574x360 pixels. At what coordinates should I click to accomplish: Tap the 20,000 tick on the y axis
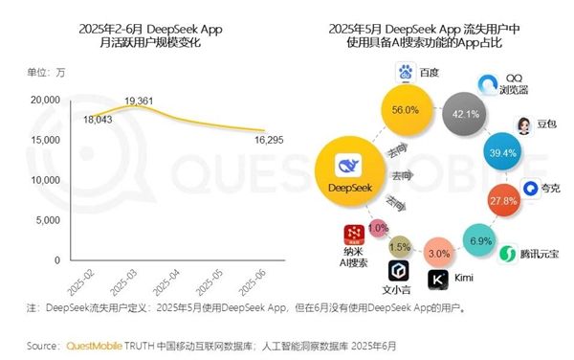pyautogui.click(x=45, y=99)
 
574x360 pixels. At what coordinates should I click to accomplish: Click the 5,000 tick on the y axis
pyautogui.click(x=48, y=219)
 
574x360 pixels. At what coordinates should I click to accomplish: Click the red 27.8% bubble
pyautogui.click(x=503, y=202)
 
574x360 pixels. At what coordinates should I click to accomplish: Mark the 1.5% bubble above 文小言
pyautogui.click(x=399, y=247)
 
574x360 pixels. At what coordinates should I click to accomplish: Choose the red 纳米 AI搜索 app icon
pyautogui.click(x=354, y=235)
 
